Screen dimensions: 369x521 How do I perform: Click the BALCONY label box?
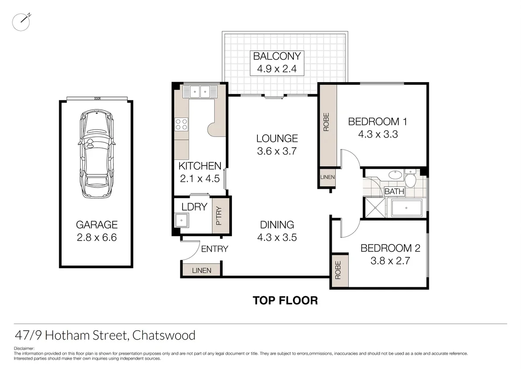[x=277, y=63]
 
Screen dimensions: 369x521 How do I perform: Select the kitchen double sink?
[x=199, y=92]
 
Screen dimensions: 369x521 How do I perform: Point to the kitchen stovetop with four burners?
[x=181, y=124]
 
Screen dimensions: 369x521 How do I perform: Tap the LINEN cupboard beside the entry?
[x=201, y=270]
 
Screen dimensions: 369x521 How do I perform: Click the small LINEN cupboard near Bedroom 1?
[x=327, y=177]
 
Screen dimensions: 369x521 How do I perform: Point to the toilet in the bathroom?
[x=410, y=179]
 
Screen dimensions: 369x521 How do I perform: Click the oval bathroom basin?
[x=394, y=174]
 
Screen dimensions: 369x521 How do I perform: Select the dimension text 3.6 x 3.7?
[x=277, y=151]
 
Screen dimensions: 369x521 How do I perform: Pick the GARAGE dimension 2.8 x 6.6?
[x=96, y=237]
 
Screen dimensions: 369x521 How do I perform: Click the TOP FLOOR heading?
[x=285, y=300]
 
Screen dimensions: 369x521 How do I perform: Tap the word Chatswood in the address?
[x=164, y=335]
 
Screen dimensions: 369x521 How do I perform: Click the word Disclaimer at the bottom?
[x=24, y=348]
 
